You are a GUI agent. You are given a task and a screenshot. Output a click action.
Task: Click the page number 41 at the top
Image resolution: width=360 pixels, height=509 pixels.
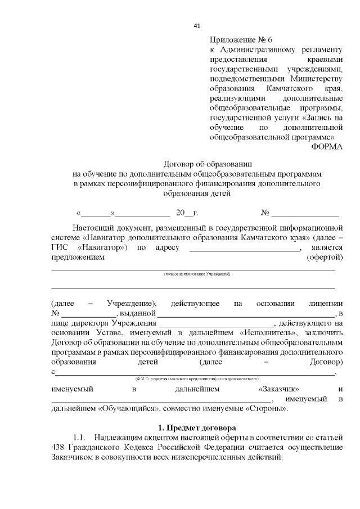click(x=197, y=26)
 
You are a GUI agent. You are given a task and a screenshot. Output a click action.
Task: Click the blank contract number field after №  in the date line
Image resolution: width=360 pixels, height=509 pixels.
click(x=305, y=214)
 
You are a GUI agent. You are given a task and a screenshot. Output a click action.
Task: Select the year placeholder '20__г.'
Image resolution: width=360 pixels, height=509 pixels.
click(x=187, y=213)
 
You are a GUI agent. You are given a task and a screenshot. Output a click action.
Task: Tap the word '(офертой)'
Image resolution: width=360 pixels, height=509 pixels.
click(x=325, y=258)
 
